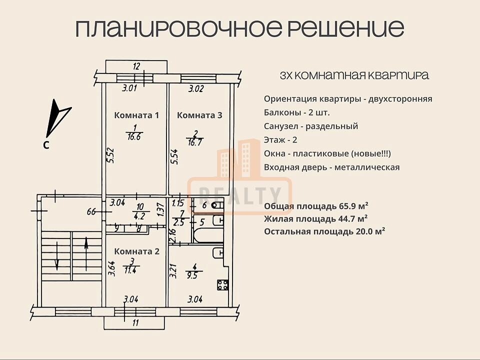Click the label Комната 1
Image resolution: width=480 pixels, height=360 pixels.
[x=136, y=115]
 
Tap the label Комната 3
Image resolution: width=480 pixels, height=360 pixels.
[x=199, y=115]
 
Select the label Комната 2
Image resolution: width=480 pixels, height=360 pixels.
[x=137, y=251]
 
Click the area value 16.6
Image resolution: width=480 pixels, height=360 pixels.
[x=134, y=137]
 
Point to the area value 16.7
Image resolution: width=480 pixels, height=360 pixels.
[x=195, y=142]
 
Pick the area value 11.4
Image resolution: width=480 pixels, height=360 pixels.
[x=130, y=270]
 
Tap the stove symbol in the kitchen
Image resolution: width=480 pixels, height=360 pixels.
[x=223, y=284]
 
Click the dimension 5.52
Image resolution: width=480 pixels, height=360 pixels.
[x=111, y=155]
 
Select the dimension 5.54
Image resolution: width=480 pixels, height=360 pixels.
[x=175, y=156]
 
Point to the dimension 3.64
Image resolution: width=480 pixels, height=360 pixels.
[x=111, y=269]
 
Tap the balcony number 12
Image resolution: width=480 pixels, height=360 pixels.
[x=136, y=66]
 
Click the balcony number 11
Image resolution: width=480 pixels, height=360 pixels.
[x=135, y=322]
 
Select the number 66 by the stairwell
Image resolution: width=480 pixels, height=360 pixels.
[x=91, y=211]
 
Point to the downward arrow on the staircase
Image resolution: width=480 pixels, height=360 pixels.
[x=57, y=256]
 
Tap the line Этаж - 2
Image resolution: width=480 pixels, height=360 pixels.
[x=280, y=140]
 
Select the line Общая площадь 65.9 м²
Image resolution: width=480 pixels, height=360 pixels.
[x=316, y=206]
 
